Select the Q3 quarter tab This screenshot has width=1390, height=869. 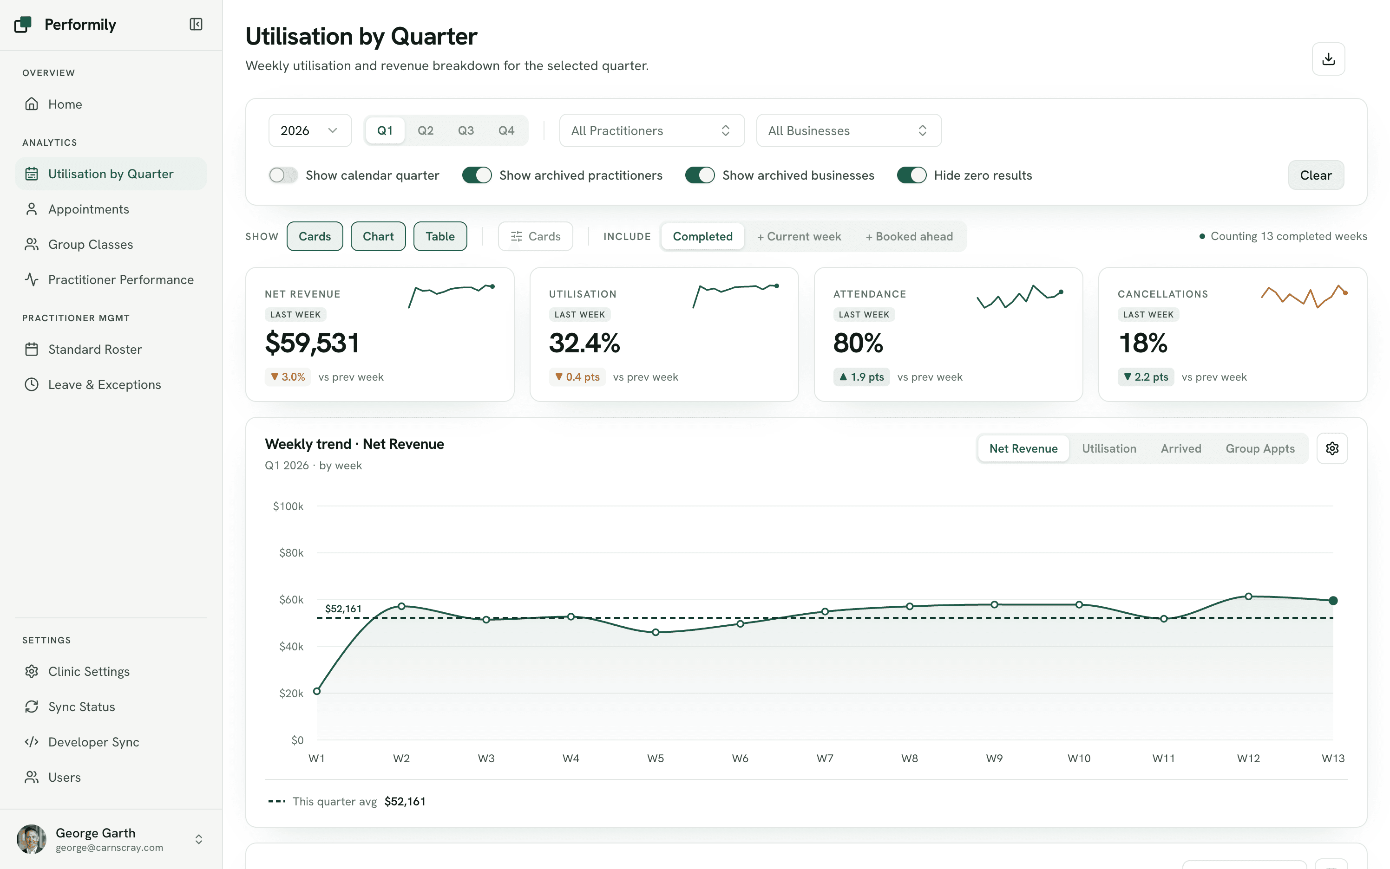[466, 130]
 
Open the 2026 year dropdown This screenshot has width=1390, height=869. [309, 130]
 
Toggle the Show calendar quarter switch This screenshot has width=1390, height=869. [283, 175]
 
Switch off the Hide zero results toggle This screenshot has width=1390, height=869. [911, 175]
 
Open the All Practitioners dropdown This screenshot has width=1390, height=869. [652, 130]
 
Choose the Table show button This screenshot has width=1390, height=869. [440, 236]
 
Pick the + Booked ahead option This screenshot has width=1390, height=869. [909, 236]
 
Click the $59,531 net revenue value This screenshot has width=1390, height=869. [312, 343]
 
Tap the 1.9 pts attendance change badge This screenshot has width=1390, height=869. [861, 377]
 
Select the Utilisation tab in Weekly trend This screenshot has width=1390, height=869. [1109, 448]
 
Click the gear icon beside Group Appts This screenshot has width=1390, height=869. [1332, 448]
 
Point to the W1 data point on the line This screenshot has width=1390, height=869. [317, 691]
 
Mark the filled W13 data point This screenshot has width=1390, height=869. [1333, 601]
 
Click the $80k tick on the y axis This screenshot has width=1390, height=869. [291, 553]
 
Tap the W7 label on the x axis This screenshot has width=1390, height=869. [825, 758]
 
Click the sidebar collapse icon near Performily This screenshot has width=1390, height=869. [196, 24]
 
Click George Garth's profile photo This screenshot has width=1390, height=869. [32, 839]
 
